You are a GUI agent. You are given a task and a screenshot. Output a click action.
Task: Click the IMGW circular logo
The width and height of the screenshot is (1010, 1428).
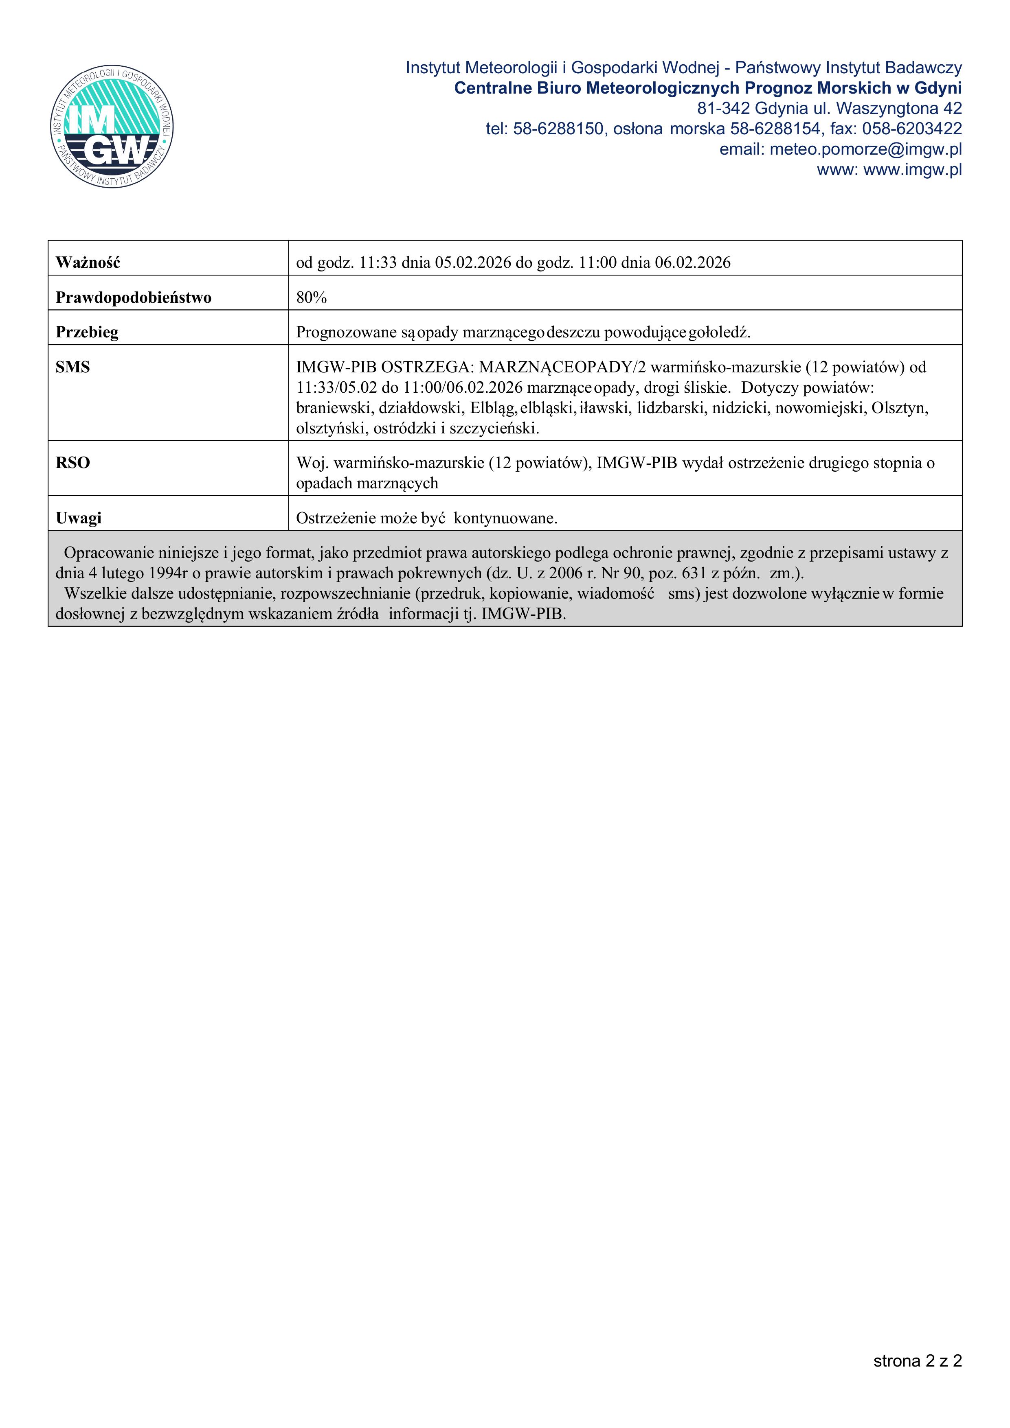(x=112, y=127)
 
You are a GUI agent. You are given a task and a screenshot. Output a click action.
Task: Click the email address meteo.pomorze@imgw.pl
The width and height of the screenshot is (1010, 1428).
(x=865, y=149)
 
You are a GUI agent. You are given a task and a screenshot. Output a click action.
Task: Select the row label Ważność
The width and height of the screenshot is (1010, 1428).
(x=88, y=262)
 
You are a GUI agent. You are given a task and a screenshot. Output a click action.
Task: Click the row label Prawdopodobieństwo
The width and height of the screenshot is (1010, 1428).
(x=133, y=297)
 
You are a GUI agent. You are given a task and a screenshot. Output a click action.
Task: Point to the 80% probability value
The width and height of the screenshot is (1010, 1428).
(x=311, y=297)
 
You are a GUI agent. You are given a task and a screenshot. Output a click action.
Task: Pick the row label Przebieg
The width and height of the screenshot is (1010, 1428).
(x=87, y=332)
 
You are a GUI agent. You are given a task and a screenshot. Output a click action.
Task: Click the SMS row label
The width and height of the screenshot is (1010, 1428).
(x=73, y=367)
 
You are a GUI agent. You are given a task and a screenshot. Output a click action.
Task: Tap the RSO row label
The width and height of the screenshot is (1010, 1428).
(x=73, y=463)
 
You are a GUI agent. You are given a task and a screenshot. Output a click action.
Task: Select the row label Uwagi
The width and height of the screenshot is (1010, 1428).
(x=79, y=518)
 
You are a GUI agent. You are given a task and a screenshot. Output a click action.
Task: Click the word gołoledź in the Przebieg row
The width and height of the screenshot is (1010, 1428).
(x=719, y=332)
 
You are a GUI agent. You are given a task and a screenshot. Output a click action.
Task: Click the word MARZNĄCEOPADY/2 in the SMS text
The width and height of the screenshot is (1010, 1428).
(x=562, y=367)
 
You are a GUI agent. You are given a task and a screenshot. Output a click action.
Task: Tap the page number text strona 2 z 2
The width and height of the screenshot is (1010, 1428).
(x=917, y=1361)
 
